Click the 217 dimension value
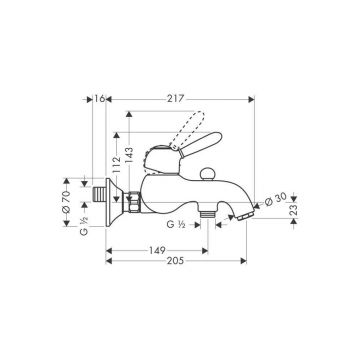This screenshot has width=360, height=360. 176,99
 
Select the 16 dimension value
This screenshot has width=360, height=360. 99,99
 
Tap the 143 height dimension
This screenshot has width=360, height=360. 129,155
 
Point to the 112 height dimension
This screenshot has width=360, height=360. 116,165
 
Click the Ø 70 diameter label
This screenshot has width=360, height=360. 66,202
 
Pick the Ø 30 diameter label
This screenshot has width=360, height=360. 276,199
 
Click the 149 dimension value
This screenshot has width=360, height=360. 157,250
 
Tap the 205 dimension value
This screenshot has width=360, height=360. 175,260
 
